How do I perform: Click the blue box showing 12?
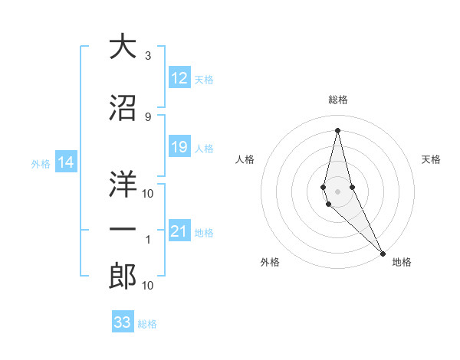point(179,78)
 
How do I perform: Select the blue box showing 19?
point(179,147)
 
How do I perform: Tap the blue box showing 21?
point(179,231)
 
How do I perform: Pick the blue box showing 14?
point(66,162)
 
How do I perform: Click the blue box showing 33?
point(123,322)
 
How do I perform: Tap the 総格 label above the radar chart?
point(338,100)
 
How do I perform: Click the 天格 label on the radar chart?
point(432,159)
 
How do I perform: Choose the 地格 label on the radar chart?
point(402,263)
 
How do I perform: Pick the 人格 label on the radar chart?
point(245,159)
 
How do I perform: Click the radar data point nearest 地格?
point(383,252)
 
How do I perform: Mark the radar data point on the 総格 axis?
point(338,129)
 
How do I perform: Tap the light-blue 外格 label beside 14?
point(40,163)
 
